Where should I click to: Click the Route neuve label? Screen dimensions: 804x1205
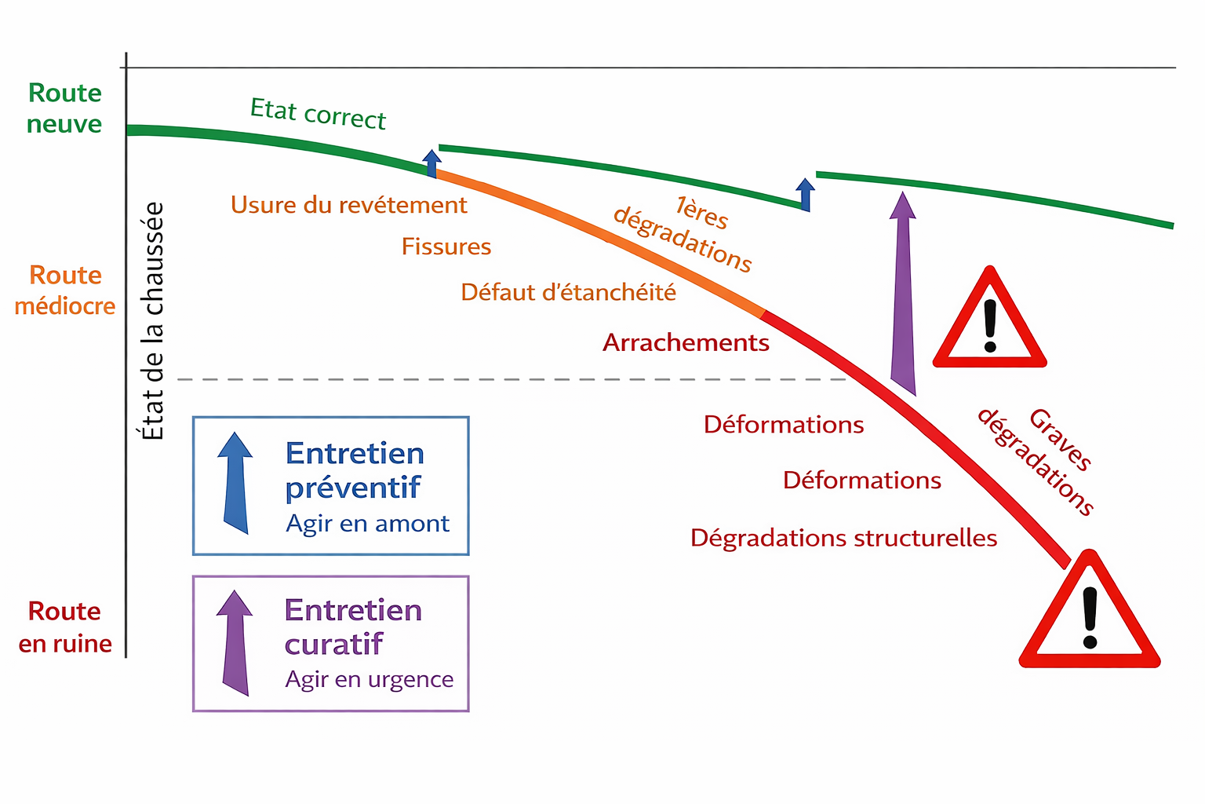(64, 108)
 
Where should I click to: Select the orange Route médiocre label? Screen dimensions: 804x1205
(65, 290)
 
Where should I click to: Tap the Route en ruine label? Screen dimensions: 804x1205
(65, 627)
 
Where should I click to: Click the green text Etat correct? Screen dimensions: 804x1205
(318, 114)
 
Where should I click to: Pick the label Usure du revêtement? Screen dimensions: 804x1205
(348, 205)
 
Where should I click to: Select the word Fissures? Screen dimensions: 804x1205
(446, 247)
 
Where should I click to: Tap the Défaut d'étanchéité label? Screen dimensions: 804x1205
(568, 292)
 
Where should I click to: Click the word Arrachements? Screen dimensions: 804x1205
(686, 342)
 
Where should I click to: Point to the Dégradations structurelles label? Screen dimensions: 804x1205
(843, 538)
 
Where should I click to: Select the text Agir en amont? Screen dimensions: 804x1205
(367, 524)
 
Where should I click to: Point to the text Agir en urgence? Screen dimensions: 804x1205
(369, 679)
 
